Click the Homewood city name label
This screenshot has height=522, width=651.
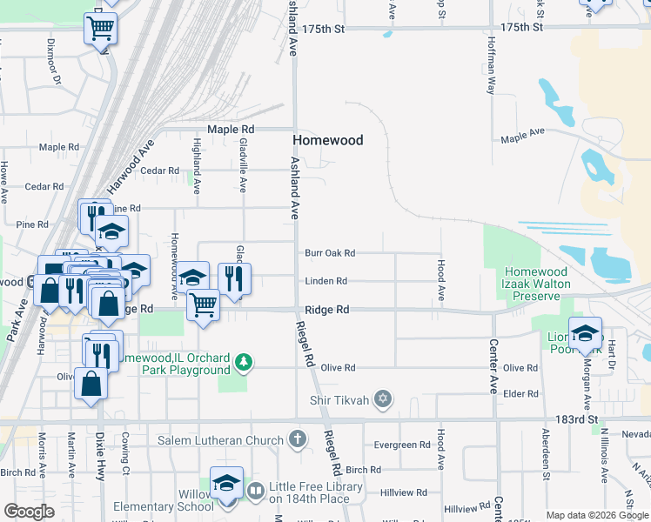[x=327, y=140]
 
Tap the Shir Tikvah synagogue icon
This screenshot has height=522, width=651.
[x=381, y=400]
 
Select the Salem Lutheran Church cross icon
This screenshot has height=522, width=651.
[x=298, y=439]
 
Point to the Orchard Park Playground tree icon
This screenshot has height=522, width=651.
[x=245, y=361]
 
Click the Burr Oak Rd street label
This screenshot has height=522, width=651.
[x=330, y=253]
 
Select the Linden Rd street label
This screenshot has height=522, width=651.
[x=325, y=281]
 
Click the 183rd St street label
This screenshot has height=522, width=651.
[x=577, y=419]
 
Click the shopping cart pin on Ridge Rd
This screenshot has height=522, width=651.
[x=203, y=305]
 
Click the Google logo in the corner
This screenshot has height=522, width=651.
[x=29, y=512]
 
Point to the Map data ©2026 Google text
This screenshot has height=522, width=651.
[x=596, y=515]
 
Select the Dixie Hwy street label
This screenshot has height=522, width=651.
[x=100, y=448]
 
